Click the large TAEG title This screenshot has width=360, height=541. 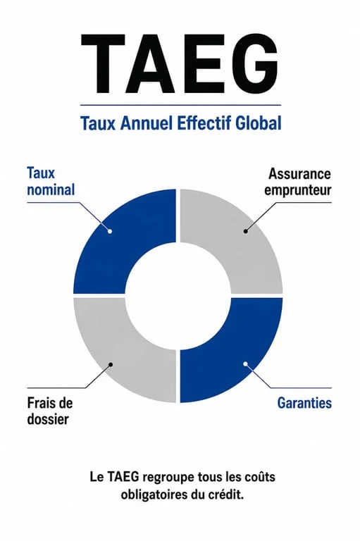(180, 64)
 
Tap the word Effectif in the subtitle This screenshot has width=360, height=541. (204, 123)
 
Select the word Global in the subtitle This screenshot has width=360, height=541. (259, 123)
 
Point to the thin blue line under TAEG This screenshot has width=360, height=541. (180, 105)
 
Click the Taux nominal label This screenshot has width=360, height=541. (51, 182)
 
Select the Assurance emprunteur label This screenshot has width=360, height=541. (298, 182)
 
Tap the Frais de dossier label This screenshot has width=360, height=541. (50, 411)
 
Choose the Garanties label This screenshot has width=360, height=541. (304, 403)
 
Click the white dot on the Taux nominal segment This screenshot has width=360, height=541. (110, 231)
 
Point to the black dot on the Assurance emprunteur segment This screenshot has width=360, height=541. (245, 231)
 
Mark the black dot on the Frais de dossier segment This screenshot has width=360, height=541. (111, 364)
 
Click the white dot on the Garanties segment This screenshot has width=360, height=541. (245, 363)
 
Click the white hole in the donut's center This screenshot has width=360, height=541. (178, 296)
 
